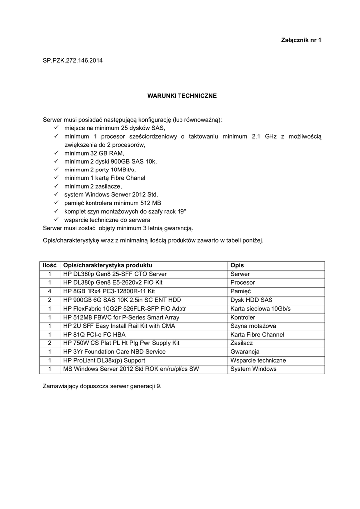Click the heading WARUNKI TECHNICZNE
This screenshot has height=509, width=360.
(182, 95)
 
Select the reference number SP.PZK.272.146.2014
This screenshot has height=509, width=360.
(73, 61)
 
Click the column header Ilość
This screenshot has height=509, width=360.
(49, 265)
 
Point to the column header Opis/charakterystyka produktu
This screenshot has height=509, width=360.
(107, 265)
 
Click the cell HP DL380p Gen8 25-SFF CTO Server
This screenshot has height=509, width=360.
(114, 274)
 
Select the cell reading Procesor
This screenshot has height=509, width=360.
(243, 282)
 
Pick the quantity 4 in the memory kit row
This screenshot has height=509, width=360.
(49, 291)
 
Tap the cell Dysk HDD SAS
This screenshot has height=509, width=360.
(252, 300)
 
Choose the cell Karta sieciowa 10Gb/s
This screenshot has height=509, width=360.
(261, 309)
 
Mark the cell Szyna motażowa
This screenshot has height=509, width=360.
(254, 326)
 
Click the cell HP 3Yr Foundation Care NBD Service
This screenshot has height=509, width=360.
(114, 352)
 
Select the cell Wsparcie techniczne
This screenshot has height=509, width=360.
(258, 360)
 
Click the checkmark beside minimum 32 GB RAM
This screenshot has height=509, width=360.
(56, 153)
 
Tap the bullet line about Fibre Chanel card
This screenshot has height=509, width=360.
(104, 178)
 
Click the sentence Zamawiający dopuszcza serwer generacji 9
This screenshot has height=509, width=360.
(102, 386)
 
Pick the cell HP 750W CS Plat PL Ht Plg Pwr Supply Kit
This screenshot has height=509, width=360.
(121, 343)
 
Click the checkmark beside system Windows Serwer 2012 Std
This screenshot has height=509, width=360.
(56, 194)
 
